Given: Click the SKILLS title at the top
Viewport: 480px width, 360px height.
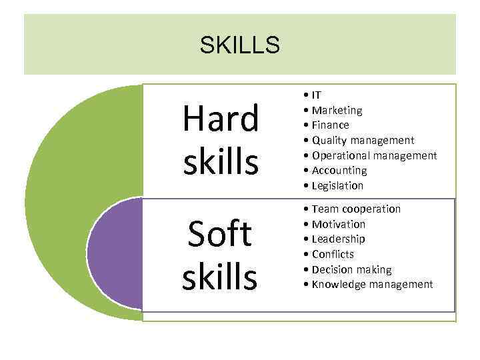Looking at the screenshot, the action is pos(239,45).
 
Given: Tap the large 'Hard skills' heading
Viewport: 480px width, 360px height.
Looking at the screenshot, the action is pos(221,140).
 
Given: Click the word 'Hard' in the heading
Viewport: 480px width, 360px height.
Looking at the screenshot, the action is pos(221,120).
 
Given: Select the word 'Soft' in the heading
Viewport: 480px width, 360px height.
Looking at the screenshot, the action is pos(221,234).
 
